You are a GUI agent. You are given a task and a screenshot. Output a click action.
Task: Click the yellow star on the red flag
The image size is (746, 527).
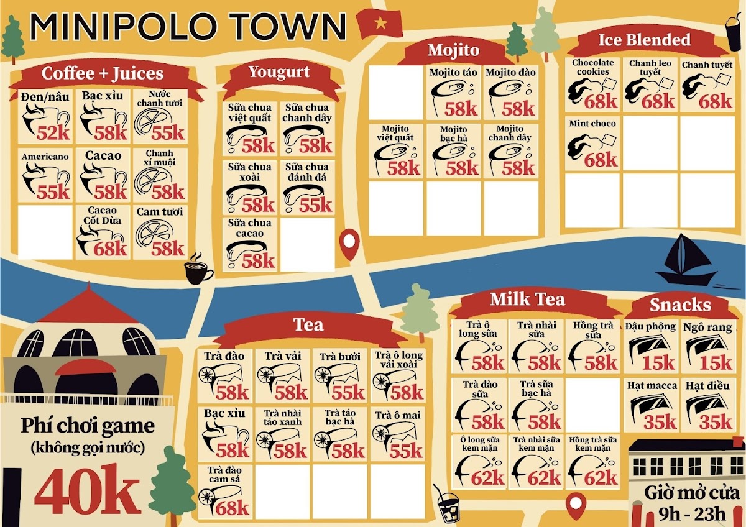tap(379, 24)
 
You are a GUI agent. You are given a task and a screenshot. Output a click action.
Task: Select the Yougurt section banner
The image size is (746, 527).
tap(279, 72)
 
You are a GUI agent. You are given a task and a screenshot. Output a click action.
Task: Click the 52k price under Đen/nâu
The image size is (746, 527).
tap(53, 132)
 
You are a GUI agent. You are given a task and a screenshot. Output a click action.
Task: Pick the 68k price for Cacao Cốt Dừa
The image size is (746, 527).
tap(111, 248)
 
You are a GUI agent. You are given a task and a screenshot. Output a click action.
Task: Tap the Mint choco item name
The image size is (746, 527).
tap(592, 124)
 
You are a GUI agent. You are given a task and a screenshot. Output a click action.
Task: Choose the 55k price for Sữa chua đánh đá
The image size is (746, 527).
tap(316, 204)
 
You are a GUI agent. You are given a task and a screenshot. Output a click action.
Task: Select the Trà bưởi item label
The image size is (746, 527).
tap(336, 357)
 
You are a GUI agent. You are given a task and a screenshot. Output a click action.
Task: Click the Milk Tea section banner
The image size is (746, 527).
tap(527, 300)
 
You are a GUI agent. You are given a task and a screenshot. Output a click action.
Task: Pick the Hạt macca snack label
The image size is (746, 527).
tap(652, 386)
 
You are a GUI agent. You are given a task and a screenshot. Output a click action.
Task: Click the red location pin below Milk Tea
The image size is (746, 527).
tap(577, 505)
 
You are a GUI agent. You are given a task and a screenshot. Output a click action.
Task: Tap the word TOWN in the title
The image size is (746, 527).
tap(282, 27)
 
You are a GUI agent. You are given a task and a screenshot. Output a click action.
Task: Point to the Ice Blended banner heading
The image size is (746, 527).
tap(644, 40)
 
